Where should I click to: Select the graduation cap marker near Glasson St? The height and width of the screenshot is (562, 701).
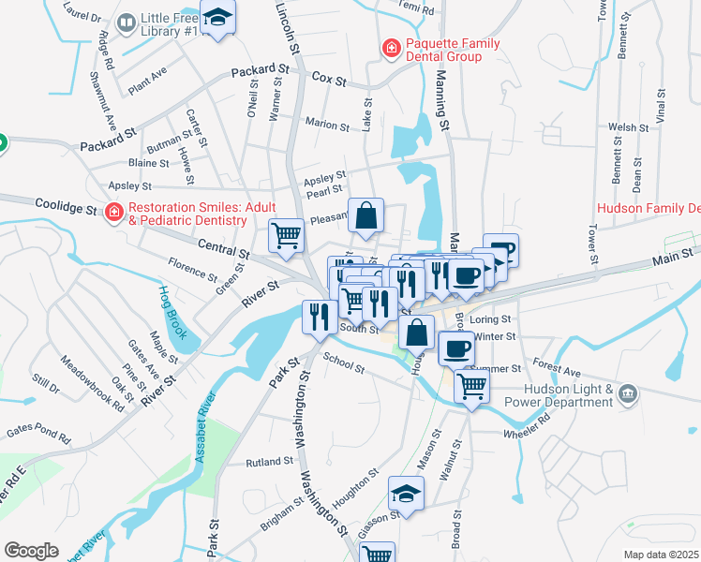406,494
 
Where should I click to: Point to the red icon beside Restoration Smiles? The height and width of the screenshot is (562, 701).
113,213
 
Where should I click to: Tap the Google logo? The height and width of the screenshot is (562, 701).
31,551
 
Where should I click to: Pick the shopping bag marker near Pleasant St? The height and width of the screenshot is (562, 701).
366,215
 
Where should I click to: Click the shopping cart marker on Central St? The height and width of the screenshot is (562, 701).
287,236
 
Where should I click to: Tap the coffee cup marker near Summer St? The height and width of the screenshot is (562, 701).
456,348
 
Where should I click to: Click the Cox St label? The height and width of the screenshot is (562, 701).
329,78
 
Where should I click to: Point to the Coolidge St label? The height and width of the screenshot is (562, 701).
67,204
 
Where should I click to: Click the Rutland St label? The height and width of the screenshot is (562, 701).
270,463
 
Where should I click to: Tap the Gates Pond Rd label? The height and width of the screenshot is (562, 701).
37,434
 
